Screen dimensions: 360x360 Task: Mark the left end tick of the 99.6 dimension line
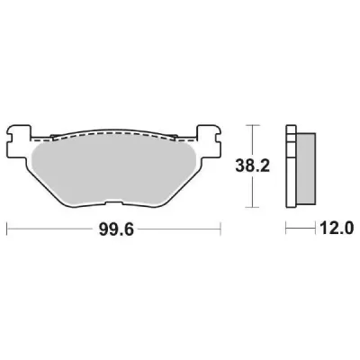[9, 230]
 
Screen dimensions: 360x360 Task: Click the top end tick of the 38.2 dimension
[254, 124]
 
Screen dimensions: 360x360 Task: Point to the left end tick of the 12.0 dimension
[286, 230]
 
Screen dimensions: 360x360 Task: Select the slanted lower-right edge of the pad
[190, 184]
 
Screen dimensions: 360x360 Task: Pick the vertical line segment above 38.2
[254, 139]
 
